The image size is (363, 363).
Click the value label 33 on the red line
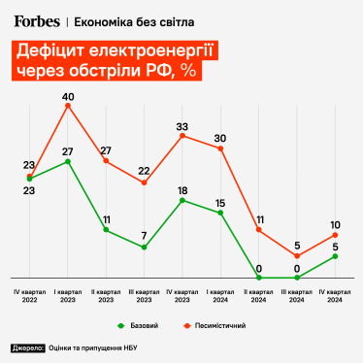[181, 126]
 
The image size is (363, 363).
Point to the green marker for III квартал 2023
[144, 247]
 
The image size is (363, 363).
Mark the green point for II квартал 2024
[258, 278]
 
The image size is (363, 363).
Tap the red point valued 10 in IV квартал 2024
[335, 234]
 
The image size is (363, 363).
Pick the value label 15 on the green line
[220, 203]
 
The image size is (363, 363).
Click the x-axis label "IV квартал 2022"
[30, 295]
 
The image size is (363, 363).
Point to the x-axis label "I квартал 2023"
[68, 295]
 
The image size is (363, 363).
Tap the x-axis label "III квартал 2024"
[297, 295]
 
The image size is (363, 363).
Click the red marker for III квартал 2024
[297, 256]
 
